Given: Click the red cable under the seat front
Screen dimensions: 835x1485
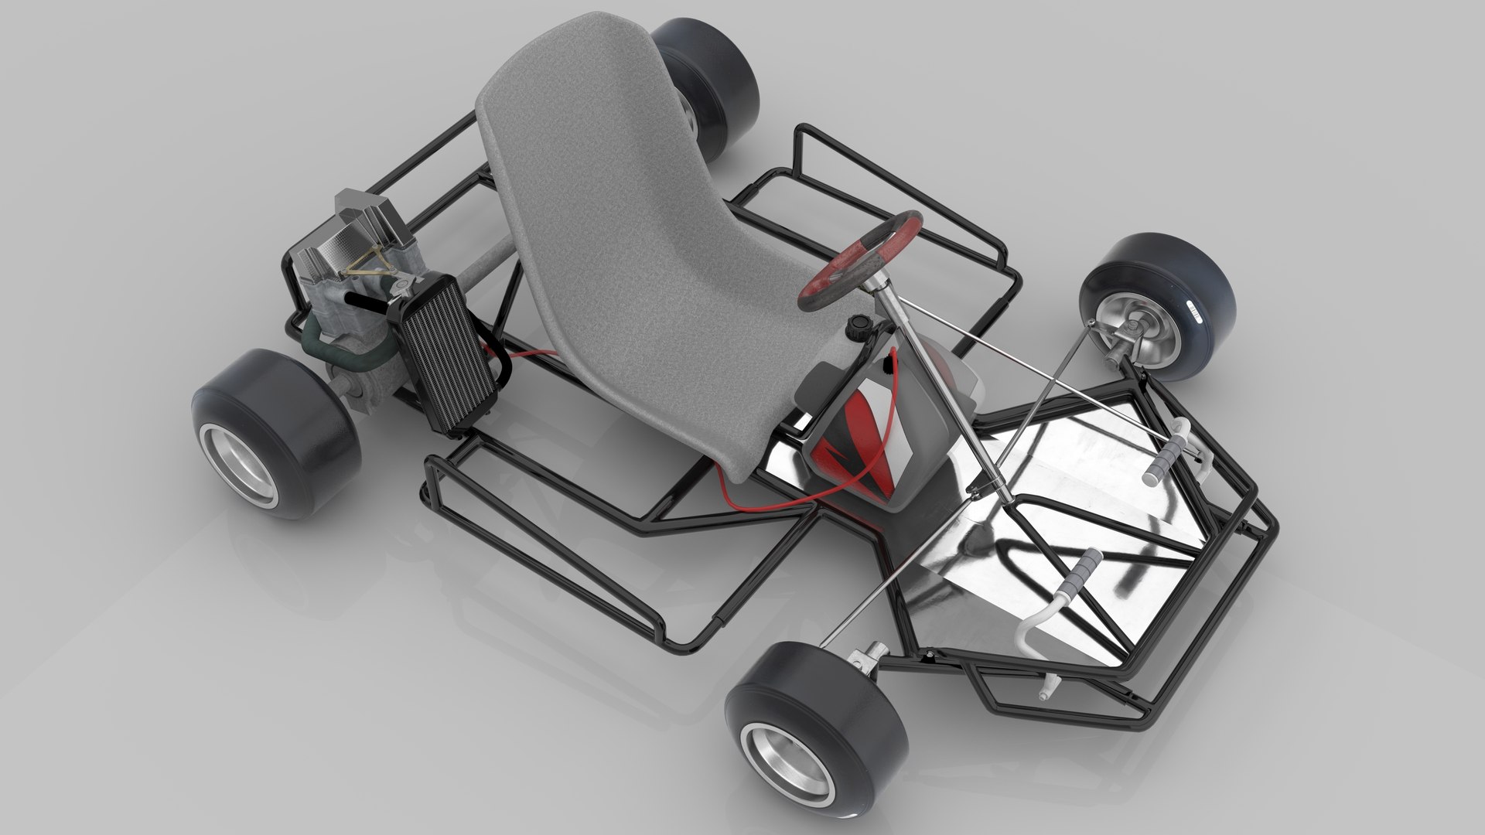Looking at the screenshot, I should (766, 506).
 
